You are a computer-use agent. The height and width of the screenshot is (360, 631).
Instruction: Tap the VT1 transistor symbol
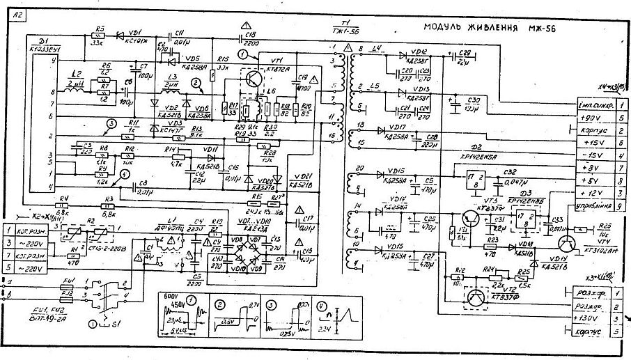(254, 78)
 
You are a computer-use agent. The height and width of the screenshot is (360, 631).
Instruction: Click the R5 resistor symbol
(100, 36)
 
